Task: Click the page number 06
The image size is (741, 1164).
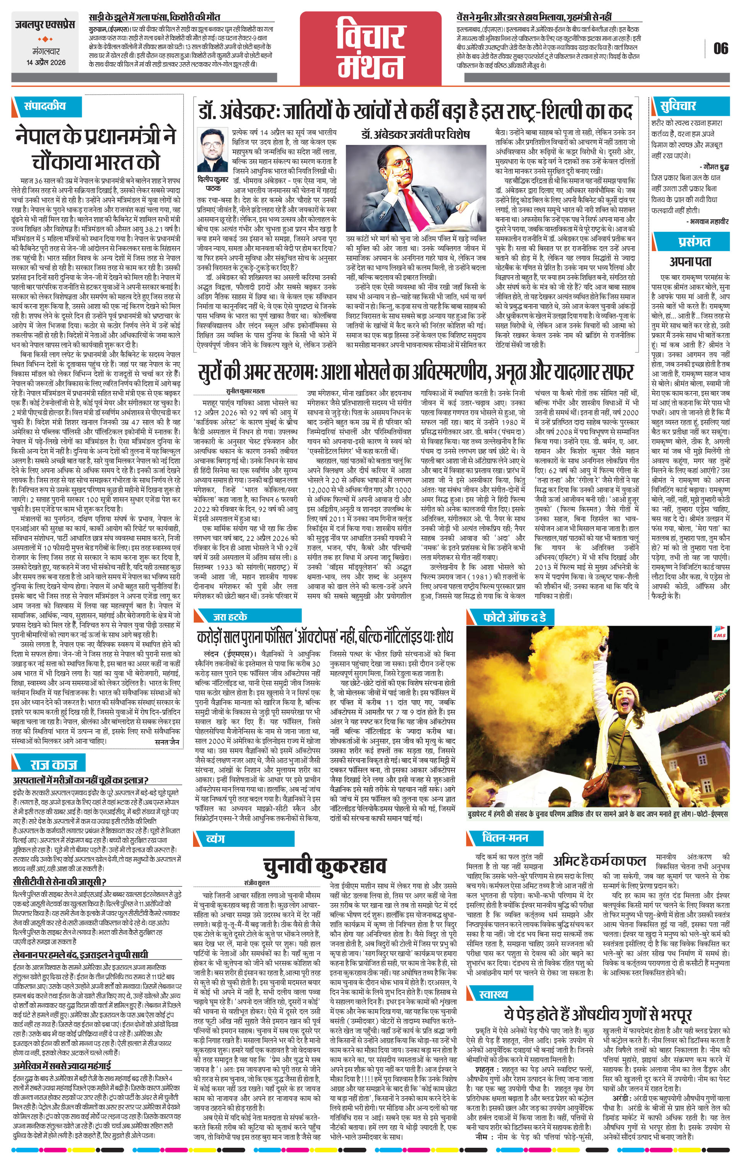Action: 720,48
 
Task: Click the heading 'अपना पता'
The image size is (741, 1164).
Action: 691,262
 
